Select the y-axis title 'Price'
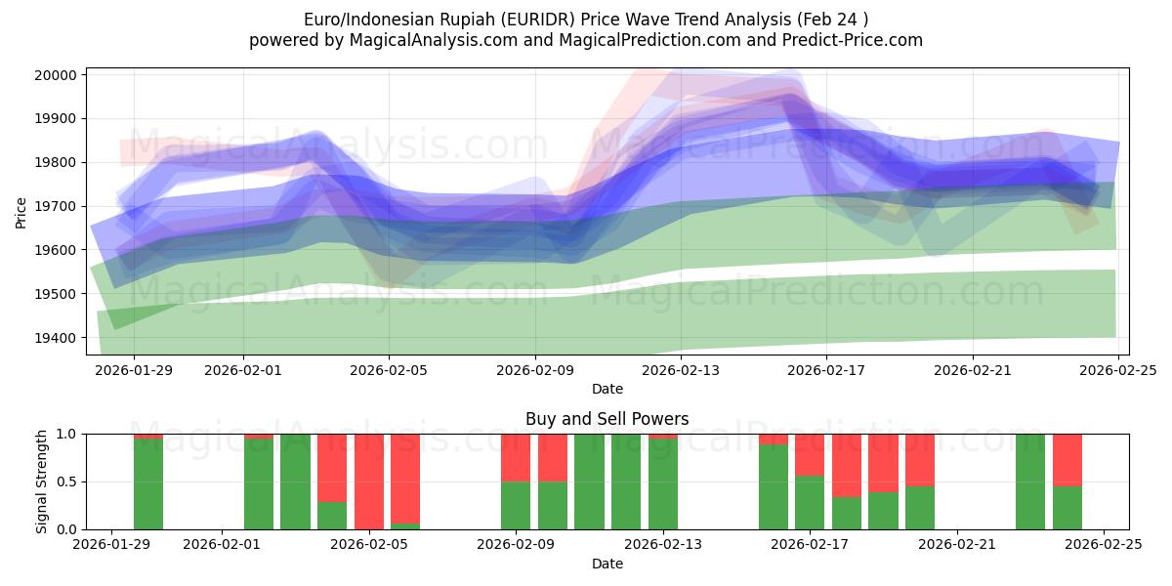coord(21,211)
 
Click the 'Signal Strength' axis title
coord(41,481)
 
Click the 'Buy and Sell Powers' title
coord(607,419)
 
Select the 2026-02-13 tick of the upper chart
coord(681,371)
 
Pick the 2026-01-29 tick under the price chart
coord(134,371)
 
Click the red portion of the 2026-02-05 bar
coord(369,479)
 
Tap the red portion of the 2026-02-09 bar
coord(516,457)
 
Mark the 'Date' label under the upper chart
coord(607,389)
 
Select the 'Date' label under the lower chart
coord(607,564)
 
